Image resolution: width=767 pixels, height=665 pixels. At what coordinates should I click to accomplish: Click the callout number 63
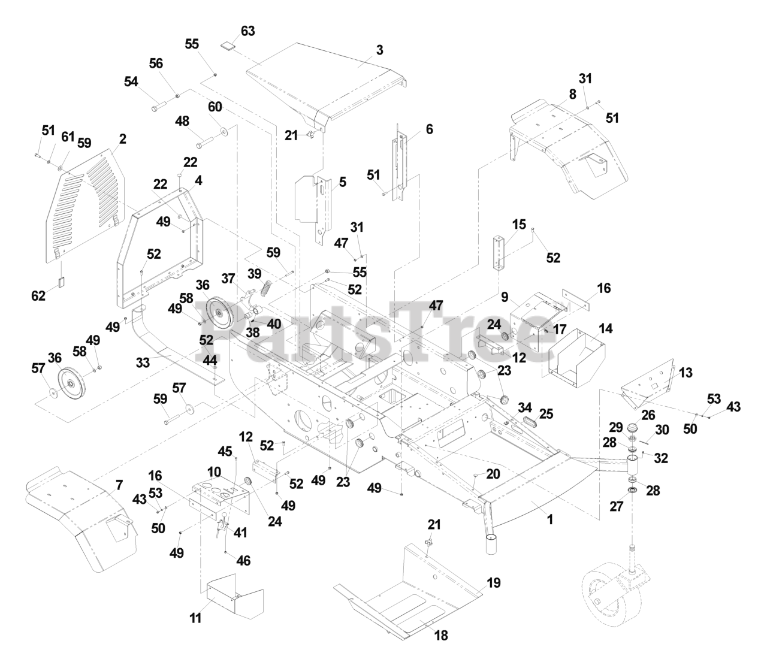point(247,31)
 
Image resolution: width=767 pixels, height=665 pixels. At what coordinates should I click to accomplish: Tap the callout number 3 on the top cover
point(379,50)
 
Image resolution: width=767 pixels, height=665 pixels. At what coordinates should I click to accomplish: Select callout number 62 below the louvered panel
point(38,295)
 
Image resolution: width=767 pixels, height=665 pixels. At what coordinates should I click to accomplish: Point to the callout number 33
point(143,362)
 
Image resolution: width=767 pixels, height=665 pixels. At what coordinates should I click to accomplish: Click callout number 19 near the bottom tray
point(494,582)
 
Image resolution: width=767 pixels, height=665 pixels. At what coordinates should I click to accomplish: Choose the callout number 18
point(441,636)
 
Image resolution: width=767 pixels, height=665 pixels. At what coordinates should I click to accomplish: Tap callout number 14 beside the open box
point(606,328)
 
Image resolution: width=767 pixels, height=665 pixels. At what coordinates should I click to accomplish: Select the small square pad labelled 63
point(227,44)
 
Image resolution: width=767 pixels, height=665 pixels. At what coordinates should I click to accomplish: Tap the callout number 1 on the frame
point(550,519)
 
